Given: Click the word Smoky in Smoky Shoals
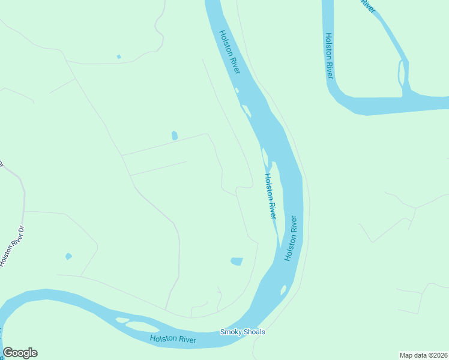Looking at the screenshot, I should click(231, 332).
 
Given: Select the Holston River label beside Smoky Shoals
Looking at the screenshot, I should click(173, 339).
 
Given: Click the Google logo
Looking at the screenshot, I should click(20, 353).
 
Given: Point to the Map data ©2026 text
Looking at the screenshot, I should click(423, 355).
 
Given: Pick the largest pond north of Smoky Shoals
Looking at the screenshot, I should click(237, 261).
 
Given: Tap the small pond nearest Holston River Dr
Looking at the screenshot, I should click(68, 256).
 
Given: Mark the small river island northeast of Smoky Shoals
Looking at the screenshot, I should click(283, 290).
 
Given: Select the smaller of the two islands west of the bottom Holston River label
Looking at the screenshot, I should click(122, 320).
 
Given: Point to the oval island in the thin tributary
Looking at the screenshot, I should click(401, 74).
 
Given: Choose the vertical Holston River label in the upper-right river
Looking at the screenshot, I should click(329, 55).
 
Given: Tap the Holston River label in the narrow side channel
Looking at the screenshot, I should click(270, 196).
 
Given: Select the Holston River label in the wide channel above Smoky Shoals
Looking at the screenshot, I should click(291, 238).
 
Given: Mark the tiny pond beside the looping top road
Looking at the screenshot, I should click(119, 57).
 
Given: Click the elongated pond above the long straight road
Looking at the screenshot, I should click(175, 136).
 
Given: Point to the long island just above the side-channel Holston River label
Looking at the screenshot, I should click(265, 157).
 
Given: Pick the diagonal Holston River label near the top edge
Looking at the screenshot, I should click(229, 52).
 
